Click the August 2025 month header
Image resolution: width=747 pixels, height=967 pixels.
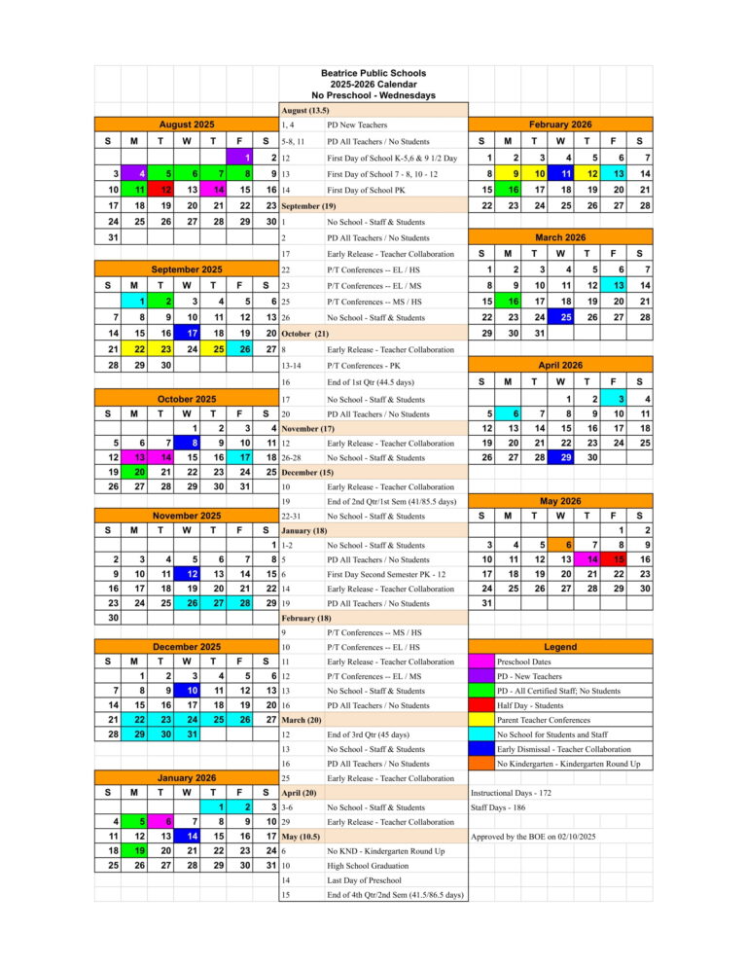point(186,125)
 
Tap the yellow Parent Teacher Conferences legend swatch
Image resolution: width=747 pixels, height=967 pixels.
point(480,720)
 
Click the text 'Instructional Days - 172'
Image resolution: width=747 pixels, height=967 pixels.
point(511,794)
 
